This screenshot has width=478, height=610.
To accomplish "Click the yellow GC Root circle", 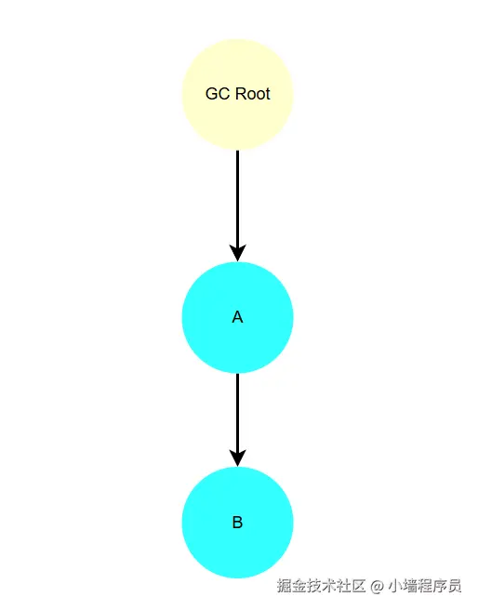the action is (x=238, y=94).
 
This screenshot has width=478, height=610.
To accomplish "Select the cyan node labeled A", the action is (x=238, y=317).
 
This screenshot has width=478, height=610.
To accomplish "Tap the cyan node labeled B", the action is (x=238, y=523).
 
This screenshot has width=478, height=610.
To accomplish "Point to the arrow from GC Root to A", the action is (x=238, y=206).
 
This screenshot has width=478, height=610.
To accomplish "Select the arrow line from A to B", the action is (x=238, y=420).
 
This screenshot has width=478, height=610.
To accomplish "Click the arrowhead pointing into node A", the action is (x=238, y=253).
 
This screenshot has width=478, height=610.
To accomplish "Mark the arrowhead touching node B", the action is (x=238, y=458).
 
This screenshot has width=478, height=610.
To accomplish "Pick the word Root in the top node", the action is (x=253, y=94).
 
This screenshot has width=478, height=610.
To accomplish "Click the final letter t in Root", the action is (x=268, y=95).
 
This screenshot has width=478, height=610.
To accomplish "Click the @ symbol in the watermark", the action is (x=377, y=586).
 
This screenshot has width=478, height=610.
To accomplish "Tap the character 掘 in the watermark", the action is (x=285, y=586).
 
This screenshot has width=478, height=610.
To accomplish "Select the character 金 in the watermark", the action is (x=299, y=586).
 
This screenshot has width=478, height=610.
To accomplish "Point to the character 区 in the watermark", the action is (x=359, y=586).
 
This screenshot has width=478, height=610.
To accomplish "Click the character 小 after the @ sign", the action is (x=395, y=586).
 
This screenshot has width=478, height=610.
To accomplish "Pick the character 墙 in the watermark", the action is (x=410, y=586).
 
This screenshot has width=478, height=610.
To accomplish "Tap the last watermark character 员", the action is (x=454, y=586).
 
